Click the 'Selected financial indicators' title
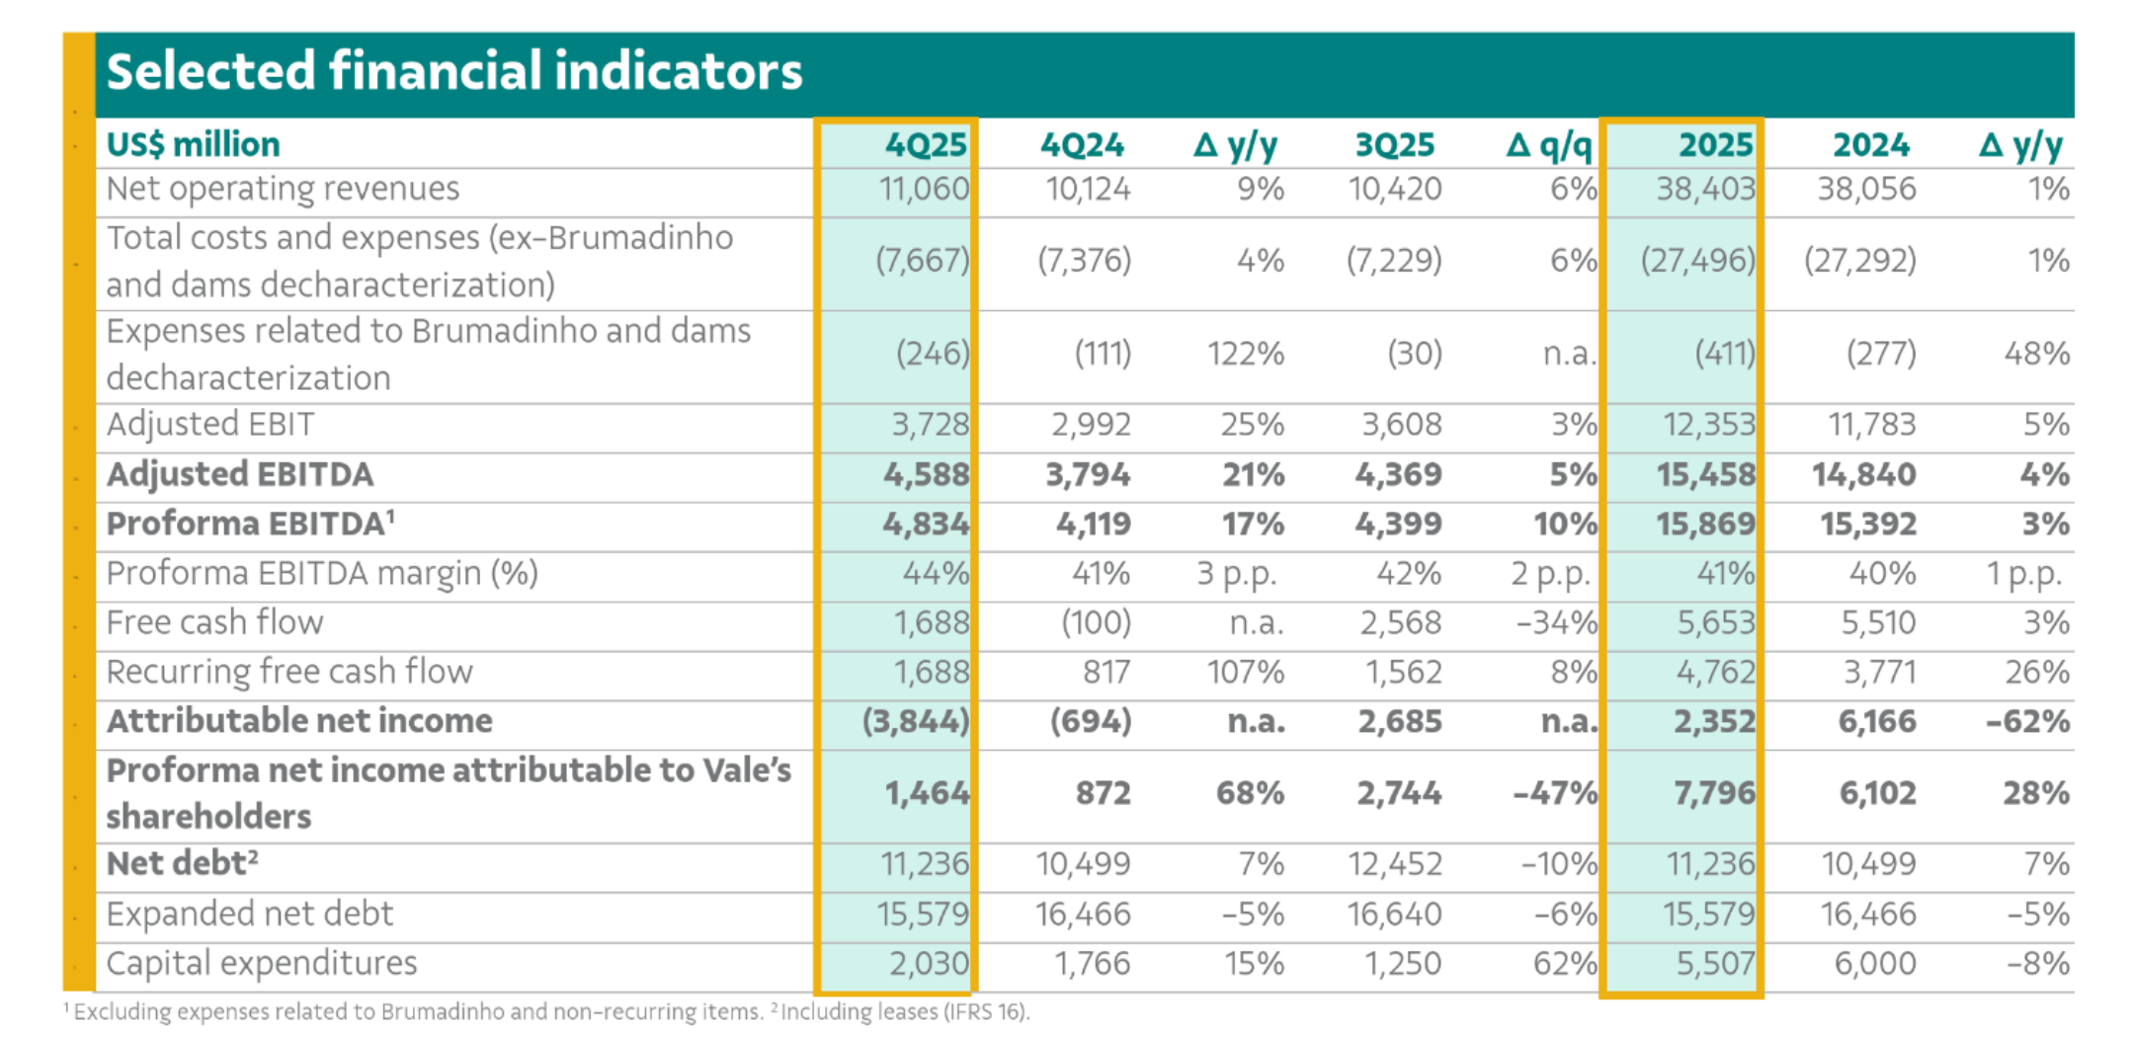453,72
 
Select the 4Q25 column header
925,145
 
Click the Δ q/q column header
1548,145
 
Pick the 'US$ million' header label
193,144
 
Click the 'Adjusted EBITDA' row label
240,474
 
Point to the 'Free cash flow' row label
214,622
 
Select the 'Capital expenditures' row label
262,963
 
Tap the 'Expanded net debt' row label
249,914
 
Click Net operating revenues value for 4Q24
1088,189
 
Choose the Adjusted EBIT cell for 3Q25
1401,425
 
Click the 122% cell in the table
1245,354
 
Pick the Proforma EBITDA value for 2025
1705,523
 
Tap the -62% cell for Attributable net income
2026,721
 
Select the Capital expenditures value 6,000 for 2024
1874,963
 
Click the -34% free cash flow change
1556,622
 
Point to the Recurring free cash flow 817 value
1106,672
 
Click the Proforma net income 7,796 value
1713,792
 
